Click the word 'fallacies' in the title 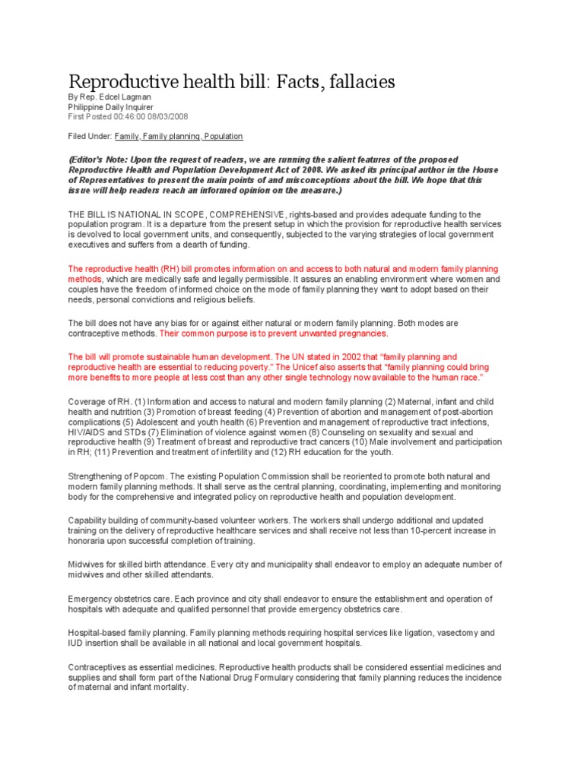(x=358, y=81)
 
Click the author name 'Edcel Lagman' (x=131, y=98)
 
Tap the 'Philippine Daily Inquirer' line (x=111, y=107)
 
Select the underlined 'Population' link (x=223, y=137)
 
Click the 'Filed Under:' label (x=90, y=137)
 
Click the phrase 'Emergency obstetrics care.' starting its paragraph (x=117, y=599)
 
